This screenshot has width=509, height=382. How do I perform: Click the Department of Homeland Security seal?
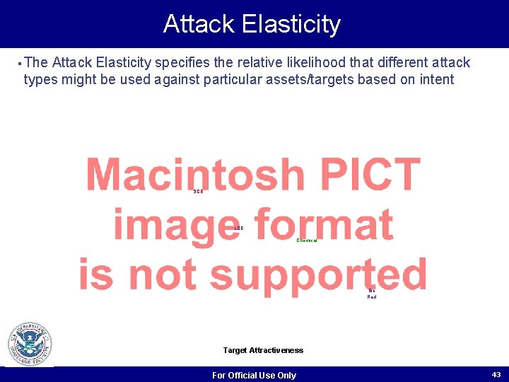coord(30,344)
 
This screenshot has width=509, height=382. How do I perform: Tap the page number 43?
coord(496,374)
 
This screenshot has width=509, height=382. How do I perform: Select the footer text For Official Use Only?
coord(254,375)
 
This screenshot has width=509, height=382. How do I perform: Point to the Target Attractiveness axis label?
coord(263,350)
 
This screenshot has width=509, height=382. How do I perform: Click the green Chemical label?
coord(306,241)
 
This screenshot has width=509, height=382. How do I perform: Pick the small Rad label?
coord(372,297)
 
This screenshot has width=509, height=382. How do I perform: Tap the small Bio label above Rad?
coord(372,290)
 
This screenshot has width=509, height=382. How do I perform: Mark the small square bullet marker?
coord(17,62)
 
